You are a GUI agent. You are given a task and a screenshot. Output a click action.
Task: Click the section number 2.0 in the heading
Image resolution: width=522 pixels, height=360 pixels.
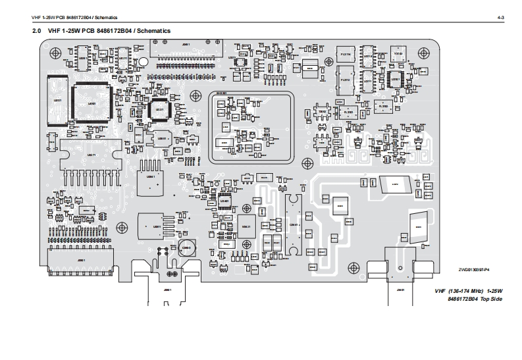click(37, 31)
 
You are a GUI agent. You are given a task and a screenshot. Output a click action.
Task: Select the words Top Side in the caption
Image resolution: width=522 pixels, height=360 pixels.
click(490, 299)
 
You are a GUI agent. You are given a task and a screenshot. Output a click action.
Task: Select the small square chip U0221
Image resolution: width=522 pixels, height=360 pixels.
click(159, 109)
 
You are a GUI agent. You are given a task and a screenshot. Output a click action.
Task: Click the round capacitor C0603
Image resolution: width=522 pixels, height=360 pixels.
click(186, 248)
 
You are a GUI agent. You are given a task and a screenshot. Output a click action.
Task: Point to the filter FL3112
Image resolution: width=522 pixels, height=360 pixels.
click(345, 80)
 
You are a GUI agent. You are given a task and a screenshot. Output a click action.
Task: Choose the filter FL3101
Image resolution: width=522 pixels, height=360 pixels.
click(350, 113)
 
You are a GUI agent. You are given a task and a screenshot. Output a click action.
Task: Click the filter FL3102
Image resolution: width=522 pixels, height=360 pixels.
click(384, 106)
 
